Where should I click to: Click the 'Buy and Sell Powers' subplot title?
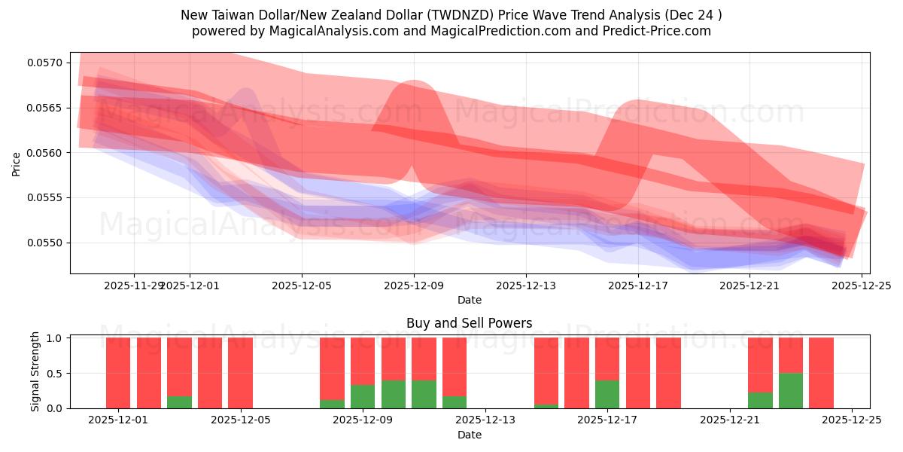click(469, 323)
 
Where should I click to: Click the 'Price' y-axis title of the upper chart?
click(17, 163)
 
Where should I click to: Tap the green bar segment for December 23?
click(790, 390)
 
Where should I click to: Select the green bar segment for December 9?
click(363, 396)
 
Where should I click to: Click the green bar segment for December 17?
click(607, 394)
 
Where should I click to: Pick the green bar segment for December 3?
click(179, 402)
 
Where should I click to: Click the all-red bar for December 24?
click(821, 373)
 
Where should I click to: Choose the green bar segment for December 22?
click(760, 400)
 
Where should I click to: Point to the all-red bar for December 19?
click(668, 373)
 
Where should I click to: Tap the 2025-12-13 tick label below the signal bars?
click(485, 420)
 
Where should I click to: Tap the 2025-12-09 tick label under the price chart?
click(414, 286)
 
